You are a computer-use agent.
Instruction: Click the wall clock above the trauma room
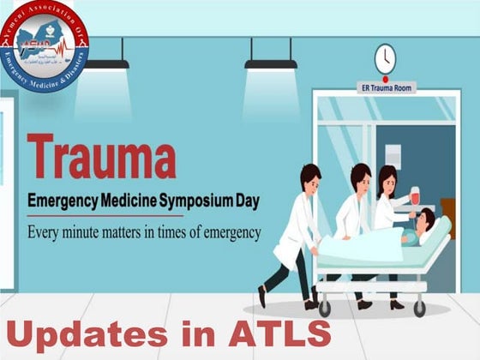coord(386,59)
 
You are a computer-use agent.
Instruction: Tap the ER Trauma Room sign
coord(387,87)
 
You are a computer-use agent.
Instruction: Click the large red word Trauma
coord(101,156)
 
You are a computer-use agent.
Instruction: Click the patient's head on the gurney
coord(423,231)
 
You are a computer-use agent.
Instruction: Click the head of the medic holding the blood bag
coord(388,179)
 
